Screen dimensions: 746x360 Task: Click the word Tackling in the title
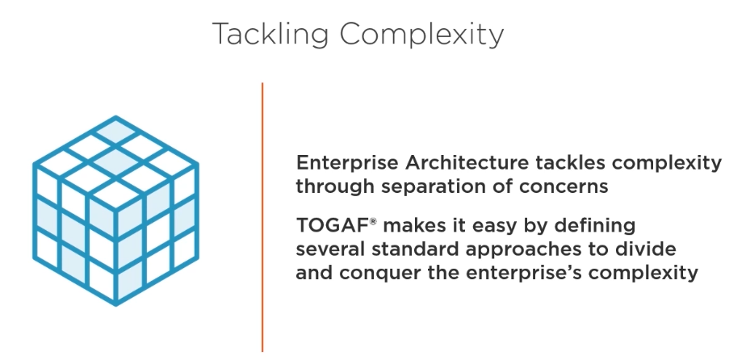270,35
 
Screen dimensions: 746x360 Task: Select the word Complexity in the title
421,35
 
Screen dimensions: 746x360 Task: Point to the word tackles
570,162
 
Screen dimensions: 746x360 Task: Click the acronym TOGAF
332,225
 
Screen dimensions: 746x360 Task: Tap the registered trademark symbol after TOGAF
373,221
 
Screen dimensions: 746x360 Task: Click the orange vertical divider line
262,217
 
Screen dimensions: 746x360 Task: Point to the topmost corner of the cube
115,115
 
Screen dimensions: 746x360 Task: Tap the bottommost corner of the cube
115,305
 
